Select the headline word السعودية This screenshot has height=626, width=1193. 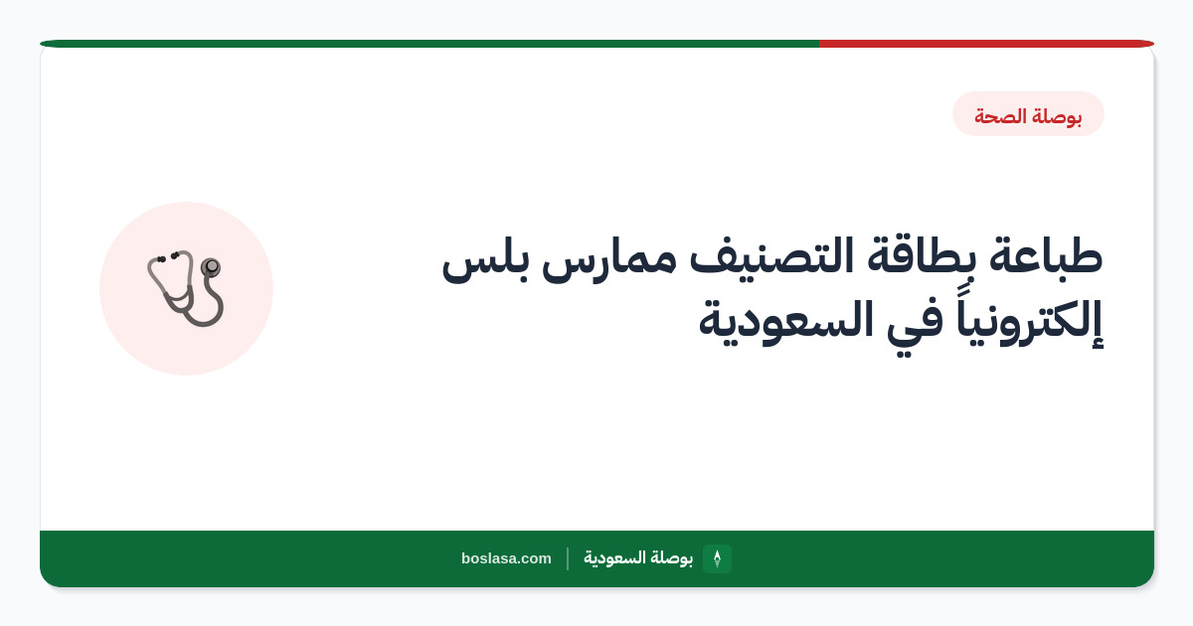click(786, 320)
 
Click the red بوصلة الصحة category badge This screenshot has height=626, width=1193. click(1028, 114)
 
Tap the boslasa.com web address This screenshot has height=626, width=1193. click(506, 558)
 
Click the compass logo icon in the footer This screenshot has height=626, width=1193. click(717, 558)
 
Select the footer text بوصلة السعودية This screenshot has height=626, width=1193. click(638, 558)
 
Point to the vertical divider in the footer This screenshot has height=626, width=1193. click(568, 558)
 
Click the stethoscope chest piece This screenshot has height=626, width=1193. click(211, 266)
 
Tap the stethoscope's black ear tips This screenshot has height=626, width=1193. click(167, 257)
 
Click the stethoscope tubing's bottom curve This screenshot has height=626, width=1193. click(203, 321)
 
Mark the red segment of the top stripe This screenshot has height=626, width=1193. click(986, 44)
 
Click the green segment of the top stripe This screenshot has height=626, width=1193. click(429, 44)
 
